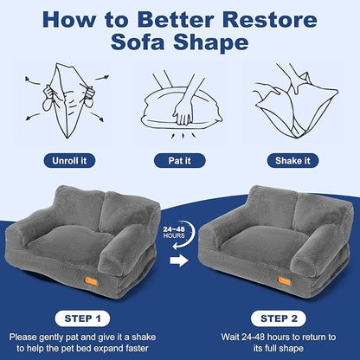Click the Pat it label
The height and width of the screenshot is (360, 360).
coord(179,160)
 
